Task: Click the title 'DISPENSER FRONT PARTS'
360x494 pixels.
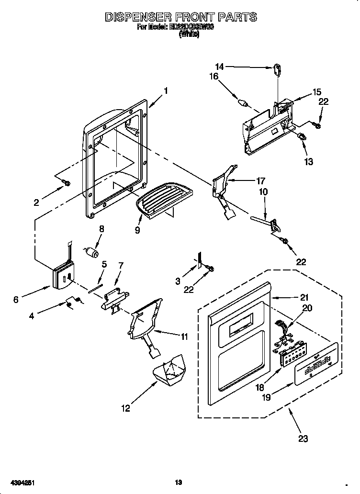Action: tap(180, 17)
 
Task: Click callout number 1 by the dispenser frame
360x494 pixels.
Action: tap(165, 90)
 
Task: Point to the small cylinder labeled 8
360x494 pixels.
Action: tap(91, 252)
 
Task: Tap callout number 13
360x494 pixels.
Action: tap(308, 162)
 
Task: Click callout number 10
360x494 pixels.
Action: tap(263, 192)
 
